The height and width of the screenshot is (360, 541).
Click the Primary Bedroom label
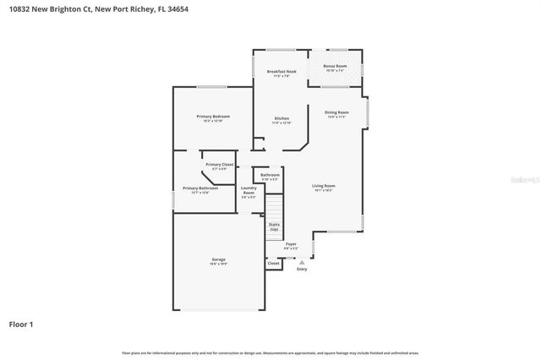point(213,116)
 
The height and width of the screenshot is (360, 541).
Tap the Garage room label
point(219,259)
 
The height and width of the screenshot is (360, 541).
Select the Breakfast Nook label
point(281,72)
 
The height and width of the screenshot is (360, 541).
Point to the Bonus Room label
point(335,66)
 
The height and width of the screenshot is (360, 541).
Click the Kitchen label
point(281,118)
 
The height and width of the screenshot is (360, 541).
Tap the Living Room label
point(324,185)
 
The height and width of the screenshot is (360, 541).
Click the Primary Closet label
point(220,164)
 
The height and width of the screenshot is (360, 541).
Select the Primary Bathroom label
point(200,188)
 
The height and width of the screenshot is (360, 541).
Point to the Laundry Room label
point(249,191)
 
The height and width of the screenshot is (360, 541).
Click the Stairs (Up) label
point(274,226)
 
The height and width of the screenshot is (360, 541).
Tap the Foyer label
point(291,243)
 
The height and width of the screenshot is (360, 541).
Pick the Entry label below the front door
point(302,269)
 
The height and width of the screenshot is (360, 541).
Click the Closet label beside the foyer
point(273,263)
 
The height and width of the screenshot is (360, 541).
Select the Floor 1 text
point(21,324)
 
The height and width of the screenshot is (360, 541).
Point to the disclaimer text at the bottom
point(270,352)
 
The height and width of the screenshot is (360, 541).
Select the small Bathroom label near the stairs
point(270,175)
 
